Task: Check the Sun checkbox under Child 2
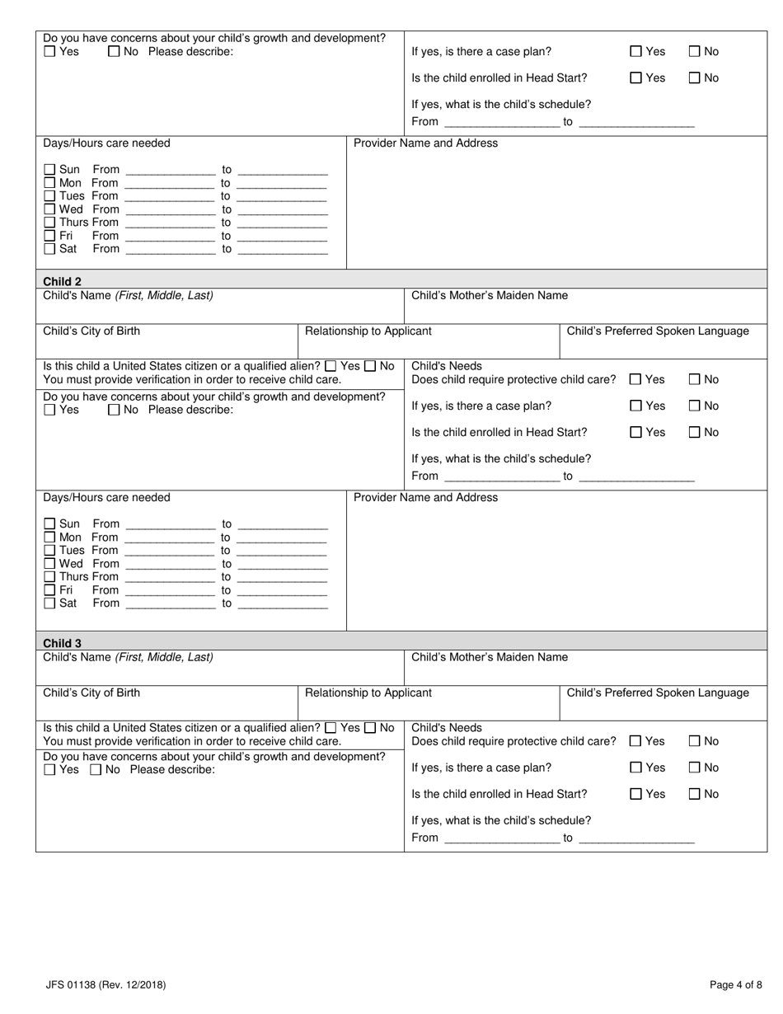coord(49,523)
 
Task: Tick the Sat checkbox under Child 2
coord(49,603)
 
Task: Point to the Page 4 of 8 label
coord(736,984)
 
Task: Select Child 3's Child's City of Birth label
coord(91,692)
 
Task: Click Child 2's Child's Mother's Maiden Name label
coord(489,295)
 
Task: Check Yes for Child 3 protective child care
coord(635,741)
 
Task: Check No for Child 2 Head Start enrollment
coord(694,432)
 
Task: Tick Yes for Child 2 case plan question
coord(635,406)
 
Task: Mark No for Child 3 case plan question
coord(694,768)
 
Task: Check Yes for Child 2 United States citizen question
coord(331,366)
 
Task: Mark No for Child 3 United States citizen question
coord(370,728)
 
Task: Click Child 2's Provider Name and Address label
coord(425,497)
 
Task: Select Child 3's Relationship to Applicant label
coord(368,692)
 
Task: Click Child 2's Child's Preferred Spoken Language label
coord(658,331)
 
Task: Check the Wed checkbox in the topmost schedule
coord(49,209)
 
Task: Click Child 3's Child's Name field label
coord(128,657)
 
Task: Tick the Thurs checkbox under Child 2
coord(49,576)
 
